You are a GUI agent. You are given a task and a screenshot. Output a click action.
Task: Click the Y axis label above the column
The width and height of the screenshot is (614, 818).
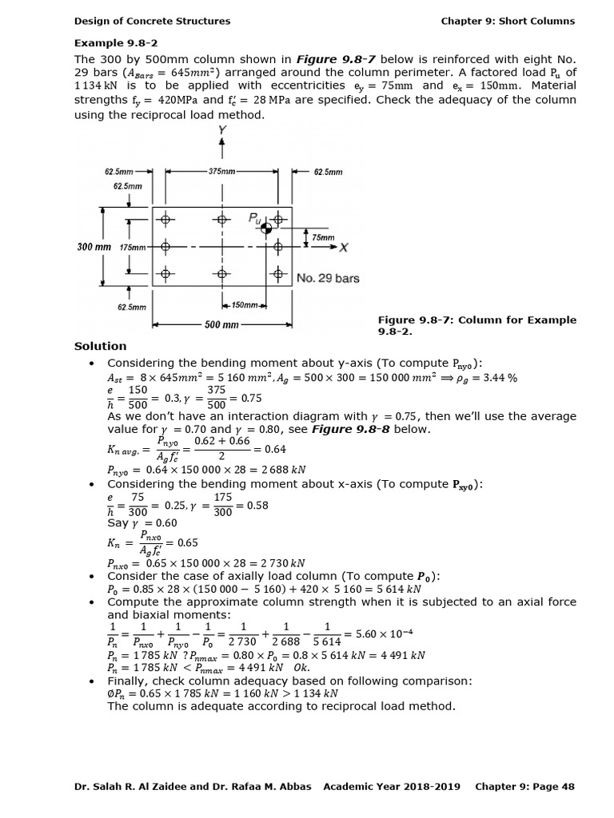pos(221,129)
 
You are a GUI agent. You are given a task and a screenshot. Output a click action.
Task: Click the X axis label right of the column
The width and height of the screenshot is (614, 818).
pos(343,248)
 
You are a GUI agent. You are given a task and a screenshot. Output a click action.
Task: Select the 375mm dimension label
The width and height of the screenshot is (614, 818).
pos(221,172)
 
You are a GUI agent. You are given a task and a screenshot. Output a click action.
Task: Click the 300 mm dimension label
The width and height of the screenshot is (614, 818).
pos(94,247)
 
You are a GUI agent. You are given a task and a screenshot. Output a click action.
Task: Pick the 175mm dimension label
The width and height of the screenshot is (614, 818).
pos(134,248)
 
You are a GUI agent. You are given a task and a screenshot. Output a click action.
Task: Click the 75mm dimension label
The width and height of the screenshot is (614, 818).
pos(323,237)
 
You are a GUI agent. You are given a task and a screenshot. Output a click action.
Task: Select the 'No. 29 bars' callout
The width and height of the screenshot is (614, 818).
pos(328,278)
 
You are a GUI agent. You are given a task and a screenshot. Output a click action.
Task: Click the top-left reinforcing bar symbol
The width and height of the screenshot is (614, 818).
pos(166,220)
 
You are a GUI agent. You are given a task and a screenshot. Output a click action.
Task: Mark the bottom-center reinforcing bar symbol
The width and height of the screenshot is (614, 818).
pos(221,274)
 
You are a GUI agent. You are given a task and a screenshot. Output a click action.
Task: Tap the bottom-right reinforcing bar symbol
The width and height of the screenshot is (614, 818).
pos(277,274)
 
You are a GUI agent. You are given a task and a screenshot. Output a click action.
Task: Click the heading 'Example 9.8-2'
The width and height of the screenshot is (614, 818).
pos(111,42)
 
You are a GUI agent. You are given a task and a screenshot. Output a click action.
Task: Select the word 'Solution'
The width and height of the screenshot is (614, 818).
pos(100,346)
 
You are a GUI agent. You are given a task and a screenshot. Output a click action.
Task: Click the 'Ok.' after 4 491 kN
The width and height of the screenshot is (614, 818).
pos(301,667)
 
